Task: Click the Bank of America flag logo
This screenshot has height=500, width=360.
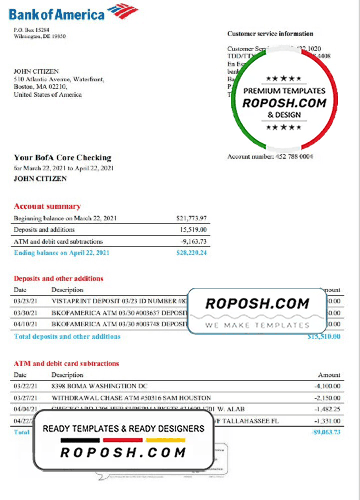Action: [x=123, y=11]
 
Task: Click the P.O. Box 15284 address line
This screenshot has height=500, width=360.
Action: [x=32, y=30]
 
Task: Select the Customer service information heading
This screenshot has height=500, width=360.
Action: [x=270, y=34]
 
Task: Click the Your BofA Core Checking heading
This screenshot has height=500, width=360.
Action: [x=62, y=158]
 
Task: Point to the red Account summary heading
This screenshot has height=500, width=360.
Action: [x=47, y=206]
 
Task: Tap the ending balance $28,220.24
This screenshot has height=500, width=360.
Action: [x=191, y=253]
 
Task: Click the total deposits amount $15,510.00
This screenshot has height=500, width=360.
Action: [x=324, y=337]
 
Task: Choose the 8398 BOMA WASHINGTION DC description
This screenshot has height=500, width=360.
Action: [x=99, y=386]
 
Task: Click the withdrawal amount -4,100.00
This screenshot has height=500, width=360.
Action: [x=327, y=386]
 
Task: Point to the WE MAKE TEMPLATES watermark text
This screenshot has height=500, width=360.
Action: [x=257, y=325]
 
